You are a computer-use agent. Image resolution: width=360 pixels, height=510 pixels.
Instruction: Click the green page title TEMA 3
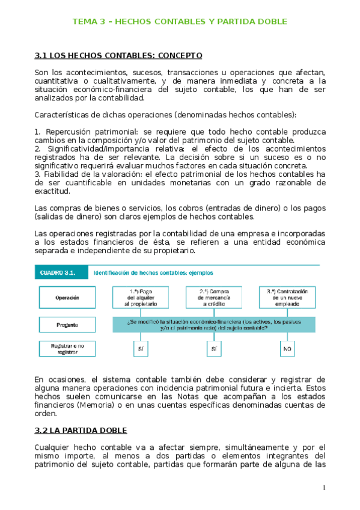click(x=179, y=22)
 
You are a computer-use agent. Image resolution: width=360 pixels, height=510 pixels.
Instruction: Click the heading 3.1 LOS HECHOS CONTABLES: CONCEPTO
click(x=119, y=55)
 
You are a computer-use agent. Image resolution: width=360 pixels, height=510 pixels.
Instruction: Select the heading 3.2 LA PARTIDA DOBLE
click(x=89, y=431)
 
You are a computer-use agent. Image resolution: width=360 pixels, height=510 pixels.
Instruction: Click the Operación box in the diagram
click(x=67, y=297)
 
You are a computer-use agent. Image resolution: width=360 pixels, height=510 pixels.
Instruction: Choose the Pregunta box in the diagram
click(x=67, y=325)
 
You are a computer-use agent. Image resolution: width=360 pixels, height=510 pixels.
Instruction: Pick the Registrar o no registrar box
click(x=67, y=350)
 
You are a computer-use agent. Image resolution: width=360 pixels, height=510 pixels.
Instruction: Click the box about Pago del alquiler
click(x=140, y=297)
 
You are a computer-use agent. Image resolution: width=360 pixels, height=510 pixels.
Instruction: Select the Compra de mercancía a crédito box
click(x=213, y=297)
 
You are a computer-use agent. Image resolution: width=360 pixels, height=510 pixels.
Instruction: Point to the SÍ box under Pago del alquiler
click(x=140, y=349)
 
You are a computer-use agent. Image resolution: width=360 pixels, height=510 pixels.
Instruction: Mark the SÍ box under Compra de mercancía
click(x=213, y=349)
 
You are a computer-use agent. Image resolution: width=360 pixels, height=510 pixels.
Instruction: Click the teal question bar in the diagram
click(x=213, y=325)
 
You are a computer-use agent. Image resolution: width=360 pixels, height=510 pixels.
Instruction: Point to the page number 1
click(x=323, y=487)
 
